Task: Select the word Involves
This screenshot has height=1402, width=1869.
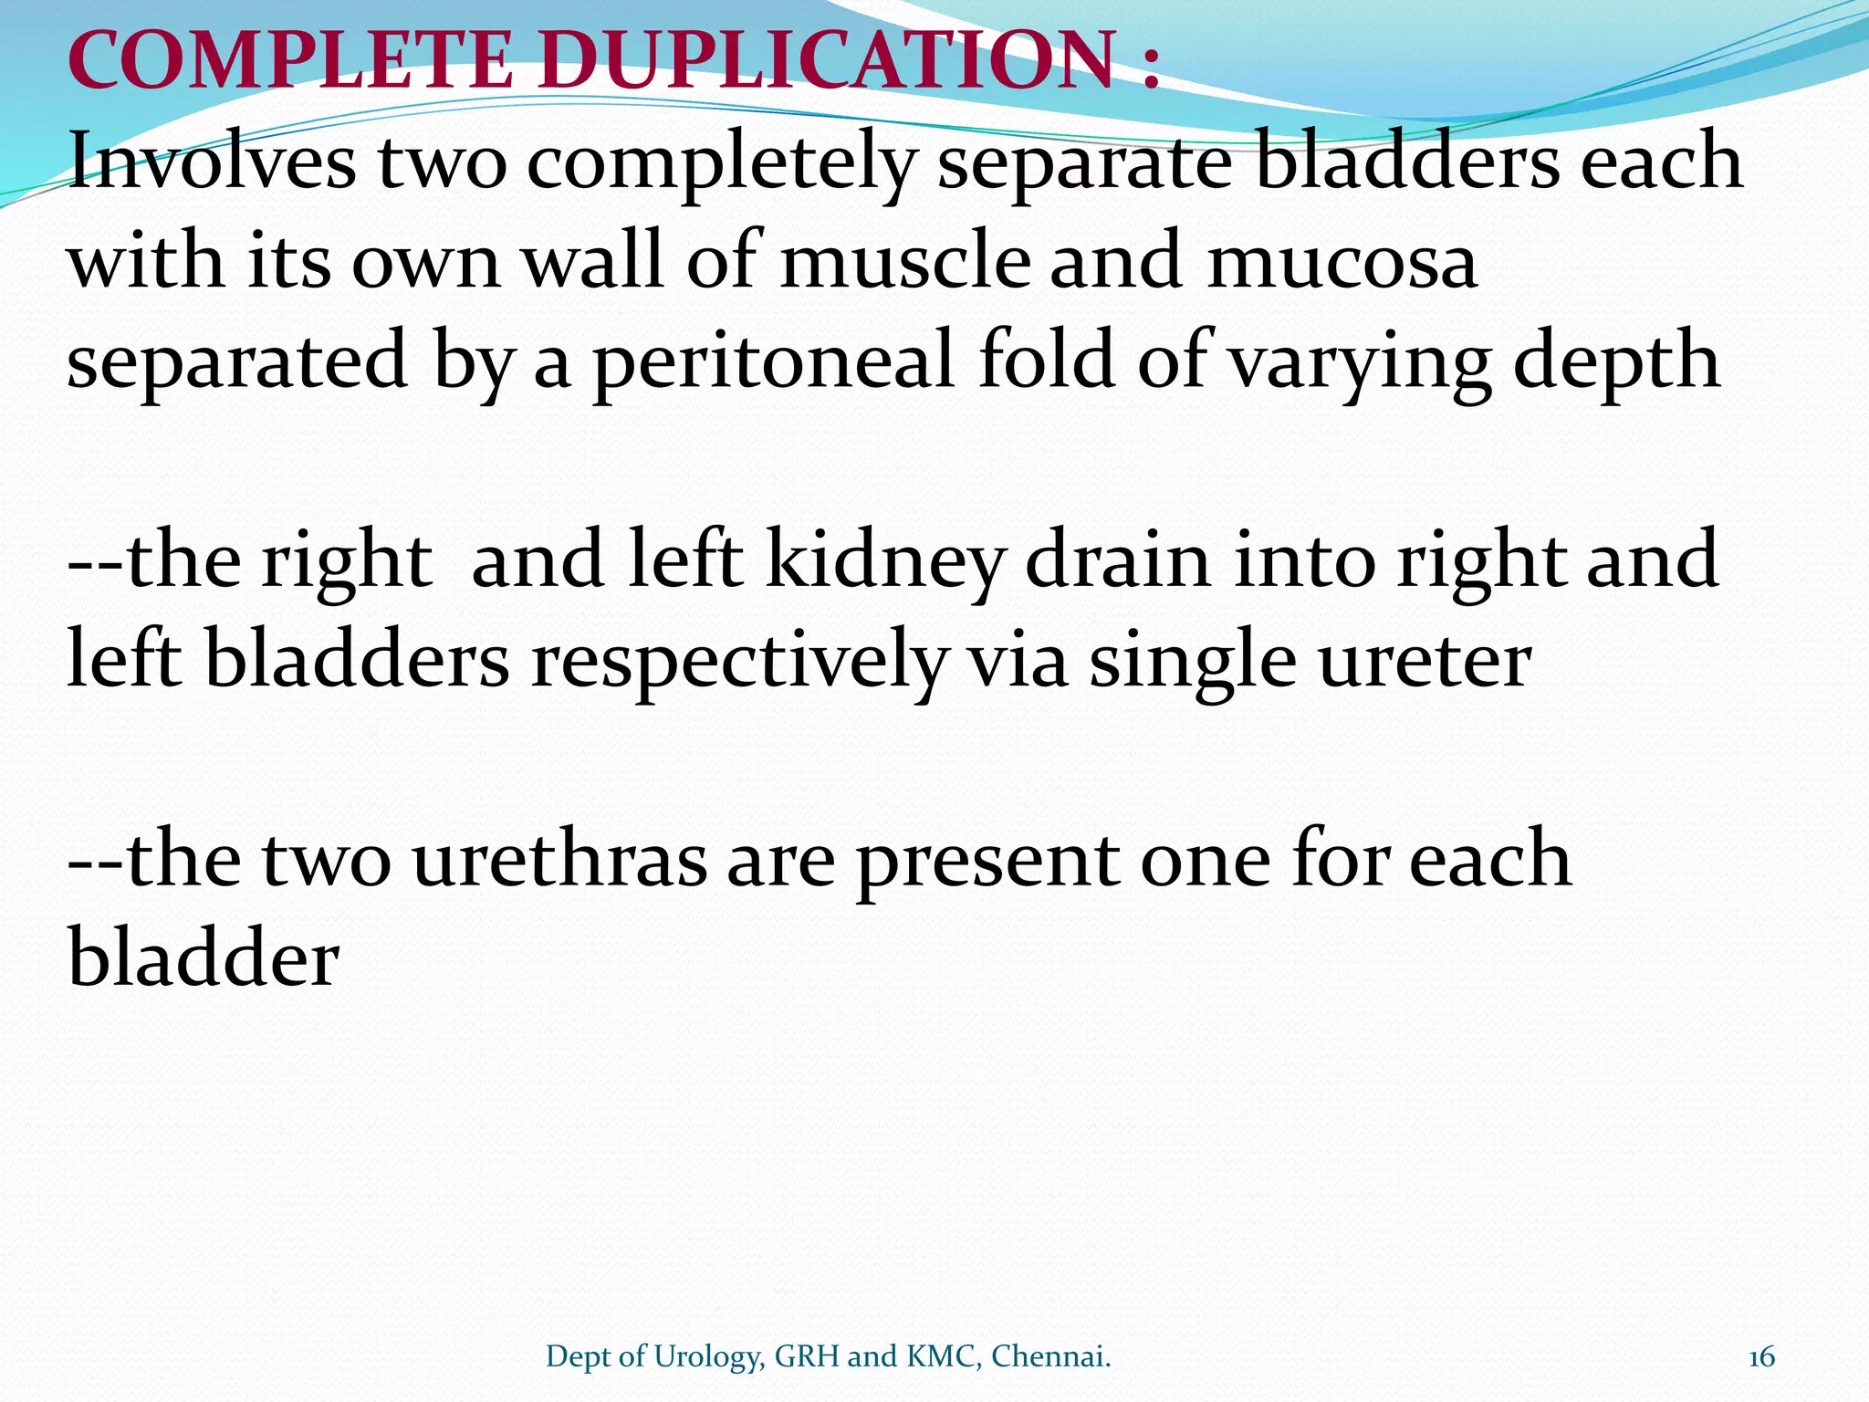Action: coord(212,162)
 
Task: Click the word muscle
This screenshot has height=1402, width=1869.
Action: coord(904,262)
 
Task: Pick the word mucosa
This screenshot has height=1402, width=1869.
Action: coord(1342,263)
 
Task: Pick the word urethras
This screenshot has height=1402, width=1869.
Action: coord(559,861)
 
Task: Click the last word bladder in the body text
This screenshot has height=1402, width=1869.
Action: coord(204,959)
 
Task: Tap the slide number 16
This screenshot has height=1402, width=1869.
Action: coord(1762,1357)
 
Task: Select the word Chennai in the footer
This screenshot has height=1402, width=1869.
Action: coord(1050,1357)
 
